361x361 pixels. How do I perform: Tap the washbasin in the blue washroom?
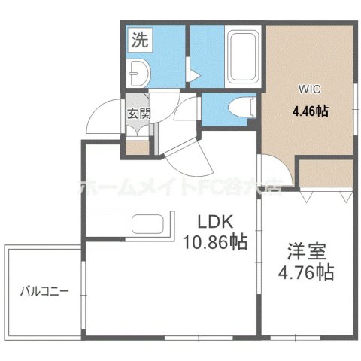[x=140, y=72]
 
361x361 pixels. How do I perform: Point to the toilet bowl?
[x=239, y=108]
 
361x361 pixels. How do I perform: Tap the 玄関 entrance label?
[x=138, y=114]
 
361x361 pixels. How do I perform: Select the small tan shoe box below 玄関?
[x=138, y=147]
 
